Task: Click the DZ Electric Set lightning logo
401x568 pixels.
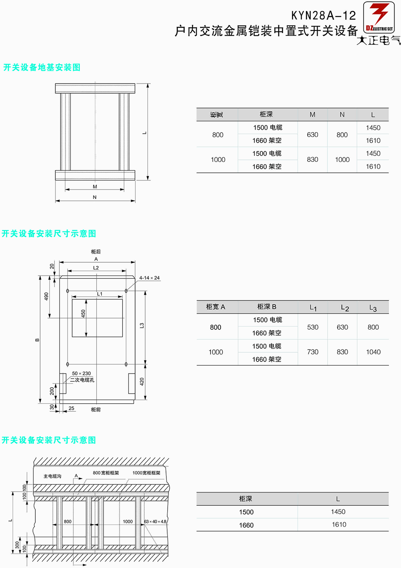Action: point(379,17)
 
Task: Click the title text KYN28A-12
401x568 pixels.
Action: point(324,16)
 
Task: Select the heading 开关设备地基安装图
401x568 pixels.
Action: point(42,67)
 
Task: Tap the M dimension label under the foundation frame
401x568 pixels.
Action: point(95,187)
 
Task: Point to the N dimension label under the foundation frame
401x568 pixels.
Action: point(95,197)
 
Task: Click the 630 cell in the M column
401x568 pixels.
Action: point(312,135)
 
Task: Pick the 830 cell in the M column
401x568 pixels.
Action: point(312,159)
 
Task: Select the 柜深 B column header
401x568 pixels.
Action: point(267,307)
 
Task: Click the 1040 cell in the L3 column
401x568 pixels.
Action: point(373,352)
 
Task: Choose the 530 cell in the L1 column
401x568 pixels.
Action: point(313,327)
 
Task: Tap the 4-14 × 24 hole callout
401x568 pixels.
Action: point(149,278)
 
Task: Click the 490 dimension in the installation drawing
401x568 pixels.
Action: point(46,296)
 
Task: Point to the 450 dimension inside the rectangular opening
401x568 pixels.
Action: point(83,314)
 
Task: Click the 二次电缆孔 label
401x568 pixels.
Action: point(82,380)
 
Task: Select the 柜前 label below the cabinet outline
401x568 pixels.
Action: point(96,409)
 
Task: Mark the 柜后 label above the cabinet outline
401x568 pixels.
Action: point(96,251)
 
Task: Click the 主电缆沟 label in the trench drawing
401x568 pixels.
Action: point(53,476)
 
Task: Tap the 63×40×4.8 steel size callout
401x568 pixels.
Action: point(155,521)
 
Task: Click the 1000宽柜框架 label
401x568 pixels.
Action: point(146,473)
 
